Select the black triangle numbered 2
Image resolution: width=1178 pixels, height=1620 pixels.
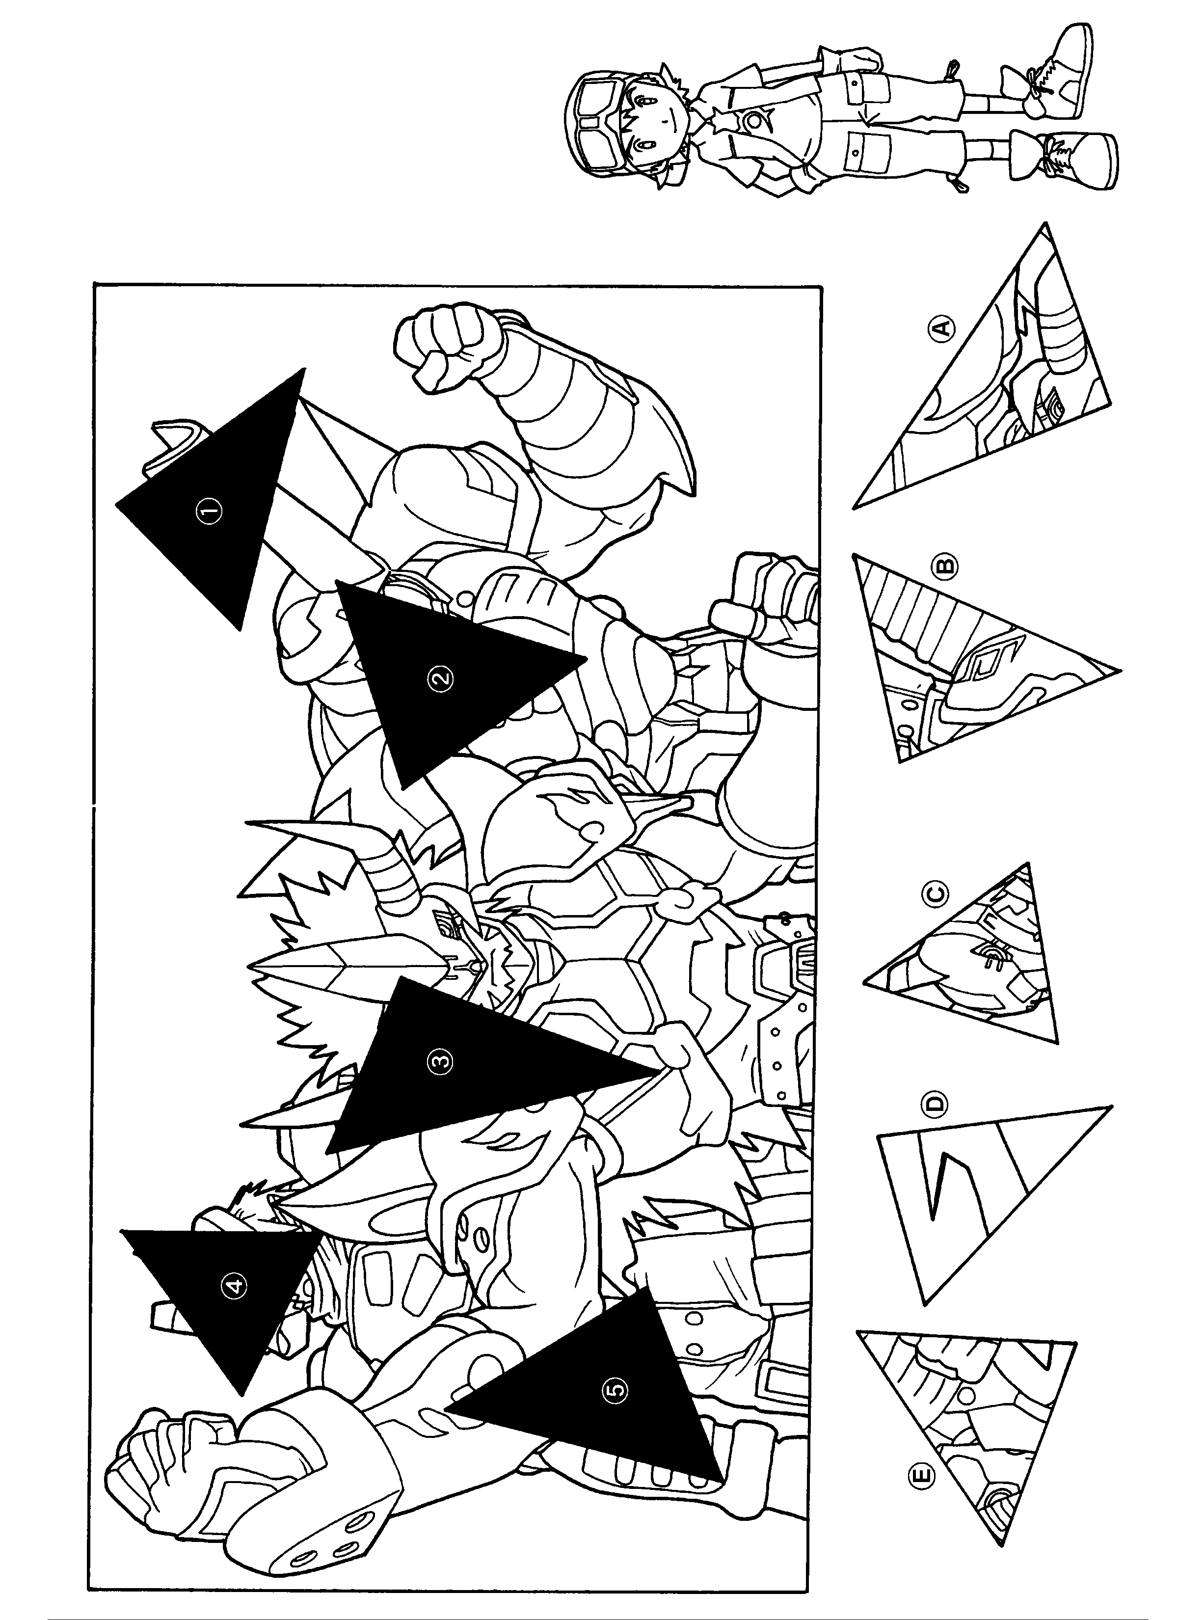tap(443, 678)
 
